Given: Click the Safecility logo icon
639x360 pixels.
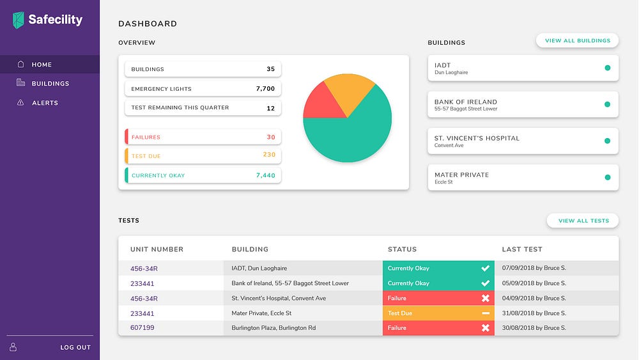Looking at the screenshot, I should click(19, 20).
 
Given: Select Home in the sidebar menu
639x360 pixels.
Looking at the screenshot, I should click(42, 65).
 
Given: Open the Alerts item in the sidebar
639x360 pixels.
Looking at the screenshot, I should click(45, 103).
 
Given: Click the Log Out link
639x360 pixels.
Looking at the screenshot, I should click(75, 347).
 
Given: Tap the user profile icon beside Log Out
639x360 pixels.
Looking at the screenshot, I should click(13, 347).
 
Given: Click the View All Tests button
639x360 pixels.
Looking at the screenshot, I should click(583, 221).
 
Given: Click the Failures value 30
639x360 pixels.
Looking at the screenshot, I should click(271, 137).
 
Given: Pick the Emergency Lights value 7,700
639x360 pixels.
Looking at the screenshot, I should click(265, 89).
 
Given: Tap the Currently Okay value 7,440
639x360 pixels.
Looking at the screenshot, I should click(265, 175).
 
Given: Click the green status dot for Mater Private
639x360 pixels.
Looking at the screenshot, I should click(607, 177).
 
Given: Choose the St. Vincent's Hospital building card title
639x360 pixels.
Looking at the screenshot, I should click(477, 138).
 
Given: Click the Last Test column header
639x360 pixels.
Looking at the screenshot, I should click(522, 249).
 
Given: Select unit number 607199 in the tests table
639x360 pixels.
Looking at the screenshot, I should click(142, 328).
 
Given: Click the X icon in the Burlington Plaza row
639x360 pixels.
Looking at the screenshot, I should click(485, 328).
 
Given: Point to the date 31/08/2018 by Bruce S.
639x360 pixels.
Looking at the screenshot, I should click(535, 313).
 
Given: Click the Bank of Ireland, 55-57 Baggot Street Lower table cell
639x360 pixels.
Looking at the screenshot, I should click(290, 283).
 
